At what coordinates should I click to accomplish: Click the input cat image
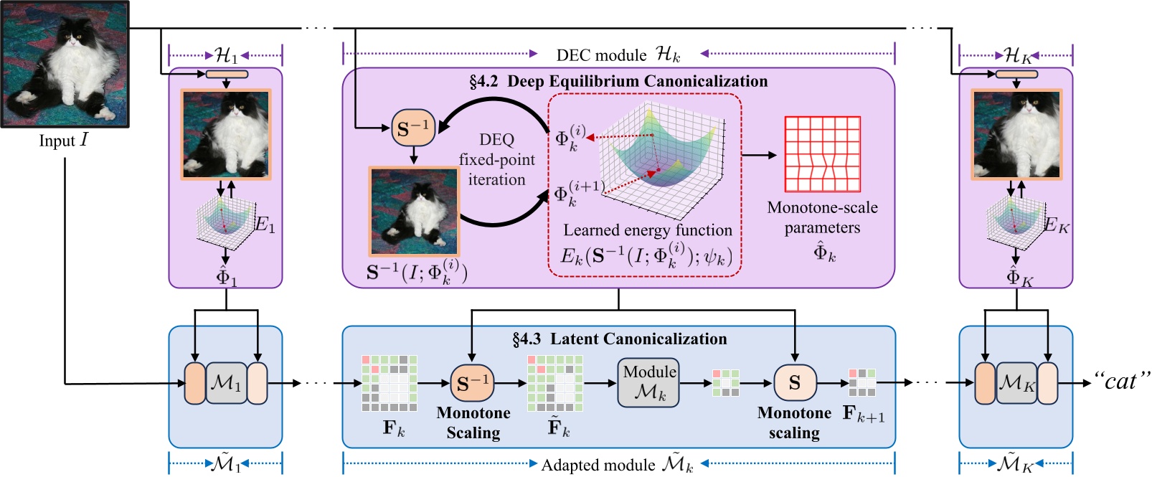[65, 65]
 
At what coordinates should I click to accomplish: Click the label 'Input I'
[63, 141]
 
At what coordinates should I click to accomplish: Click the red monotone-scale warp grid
[822, 154]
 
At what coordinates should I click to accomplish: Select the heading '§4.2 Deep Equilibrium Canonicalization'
[618, 82]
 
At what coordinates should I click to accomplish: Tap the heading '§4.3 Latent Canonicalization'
[619, 339]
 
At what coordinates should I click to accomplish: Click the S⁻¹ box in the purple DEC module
[413, 129]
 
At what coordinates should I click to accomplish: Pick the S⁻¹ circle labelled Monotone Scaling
[472, 384]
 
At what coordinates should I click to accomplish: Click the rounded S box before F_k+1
[795, 383]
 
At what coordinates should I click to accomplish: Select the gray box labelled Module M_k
[648, 382]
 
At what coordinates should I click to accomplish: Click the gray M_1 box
[226, 383]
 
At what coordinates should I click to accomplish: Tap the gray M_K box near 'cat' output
[1016, 383]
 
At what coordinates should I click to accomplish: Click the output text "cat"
[1121, 382]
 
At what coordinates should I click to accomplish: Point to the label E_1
[265, 225]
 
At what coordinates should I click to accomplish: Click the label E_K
[1056, 226]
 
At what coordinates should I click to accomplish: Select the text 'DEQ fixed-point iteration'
[496, 159]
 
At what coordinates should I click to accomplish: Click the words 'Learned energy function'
[647, 230]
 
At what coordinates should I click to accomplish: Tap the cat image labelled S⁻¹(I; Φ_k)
[414, 212]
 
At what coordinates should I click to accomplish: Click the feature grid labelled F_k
[389, 383]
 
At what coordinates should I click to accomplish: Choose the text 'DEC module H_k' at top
[618, 55]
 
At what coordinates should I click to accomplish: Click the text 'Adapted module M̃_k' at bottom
[617, 465]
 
